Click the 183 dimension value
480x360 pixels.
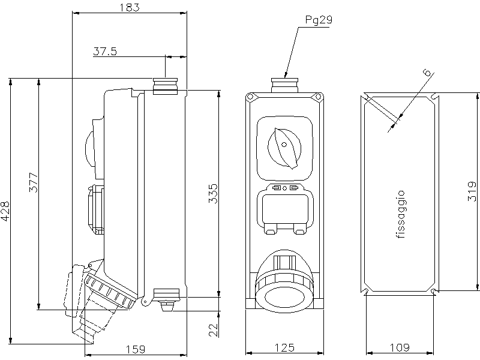pyautogui.click(x=129, y=7)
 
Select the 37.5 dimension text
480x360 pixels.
pyautogui.click(x=105, y=52)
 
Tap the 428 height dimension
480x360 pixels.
pyautogui.click(x=5, y=211)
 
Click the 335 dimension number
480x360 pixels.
pyautogui.click(x=212, y=194)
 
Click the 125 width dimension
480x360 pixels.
pyautogui.click(x=285, y=347)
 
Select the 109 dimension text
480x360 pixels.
pyautogui.click(x=400, y=347)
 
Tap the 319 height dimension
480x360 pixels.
pyautogui.click(x=473, y=190)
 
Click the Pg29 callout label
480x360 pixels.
pyautogui.click(x=318, y=20)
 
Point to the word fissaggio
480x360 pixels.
pyautogui.click(x=401, y=215)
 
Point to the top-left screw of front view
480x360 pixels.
pyautogui.click(x=250, y=97)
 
